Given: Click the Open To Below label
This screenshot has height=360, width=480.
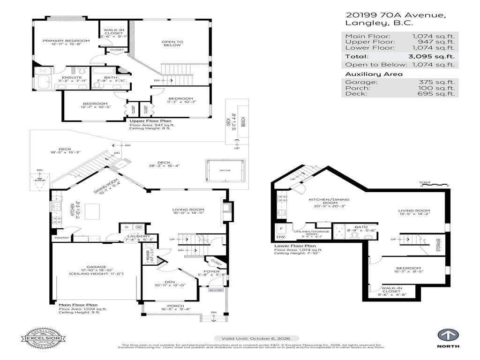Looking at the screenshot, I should [x=172, y=43].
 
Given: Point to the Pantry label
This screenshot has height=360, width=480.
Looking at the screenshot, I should [x=62, y=238].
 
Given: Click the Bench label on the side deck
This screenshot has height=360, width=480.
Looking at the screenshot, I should [x=243, y=122].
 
